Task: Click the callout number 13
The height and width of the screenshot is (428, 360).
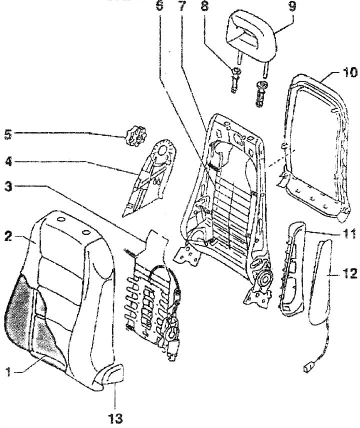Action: click(x=115, y=417)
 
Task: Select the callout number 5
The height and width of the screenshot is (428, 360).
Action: click(x=8, y=135)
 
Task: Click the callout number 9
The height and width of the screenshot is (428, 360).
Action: click(x=292, y=5)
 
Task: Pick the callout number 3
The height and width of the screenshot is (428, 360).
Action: click(x=8, y=186)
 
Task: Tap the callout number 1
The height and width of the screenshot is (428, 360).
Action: click(x=9, y=371)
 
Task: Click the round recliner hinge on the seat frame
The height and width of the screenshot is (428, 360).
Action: click(x=263, y=279)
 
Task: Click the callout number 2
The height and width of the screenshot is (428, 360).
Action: click(x=8, y=236)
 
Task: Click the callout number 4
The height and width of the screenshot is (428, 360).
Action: click(x=8, y=161)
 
